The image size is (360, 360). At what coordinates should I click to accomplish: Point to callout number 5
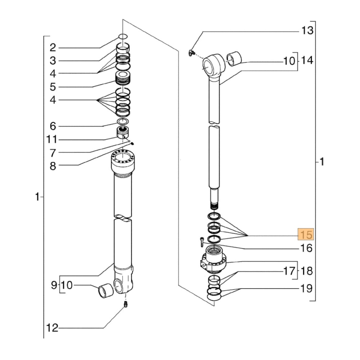[53, 87]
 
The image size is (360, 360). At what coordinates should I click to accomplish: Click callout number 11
[53, 139]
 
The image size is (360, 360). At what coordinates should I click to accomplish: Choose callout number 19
[307, 289]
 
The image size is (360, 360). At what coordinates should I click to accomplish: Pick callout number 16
[307, 248]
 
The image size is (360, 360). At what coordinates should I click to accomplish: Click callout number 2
[53, 47]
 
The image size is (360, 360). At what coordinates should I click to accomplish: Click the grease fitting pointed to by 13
[190, 53]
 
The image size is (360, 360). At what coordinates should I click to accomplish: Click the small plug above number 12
[126, 305]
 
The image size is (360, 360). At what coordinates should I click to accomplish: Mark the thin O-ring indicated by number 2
[122, 36]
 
